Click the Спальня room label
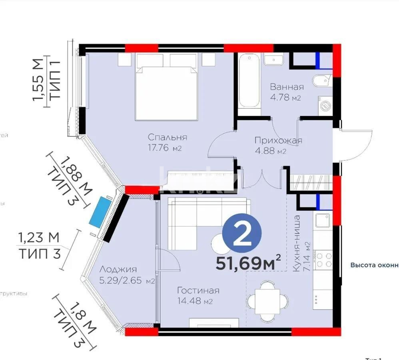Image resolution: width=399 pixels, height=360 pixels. pos(167,137)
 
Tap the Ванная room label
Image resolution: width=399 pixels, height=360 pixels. pos(286,87)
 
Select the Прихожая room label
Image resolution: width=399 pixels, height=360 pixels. pos(278,140)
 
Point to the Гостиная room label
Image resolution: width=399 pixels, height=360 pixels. pos(198,290)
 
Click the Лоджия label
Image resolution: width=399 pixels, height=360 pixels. pos(118,270)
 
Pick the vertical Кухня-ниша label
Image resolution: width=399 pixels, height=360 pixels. pos(297,244)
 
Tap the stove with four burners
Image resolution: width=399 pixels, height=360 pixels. pos(323,259)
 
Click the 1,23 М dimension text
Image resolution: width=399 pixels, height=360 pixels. pos(38,237)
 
